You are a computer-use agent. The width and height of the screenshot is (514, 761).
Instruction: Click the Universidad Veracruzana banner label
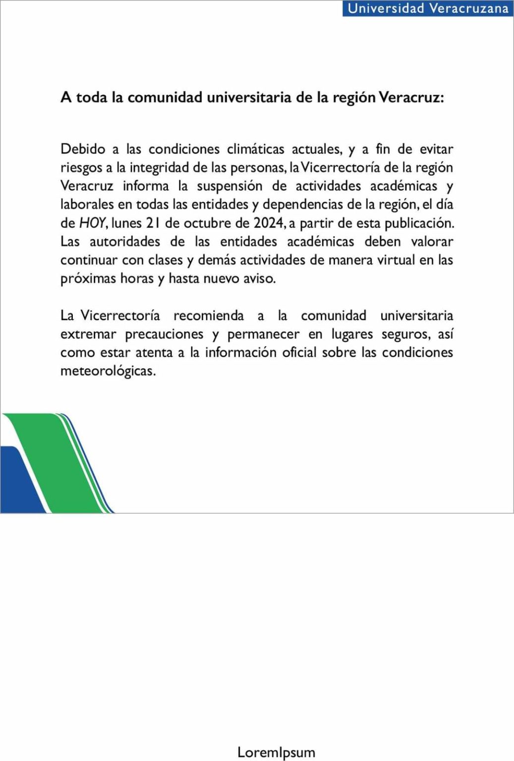(x=428, y=8)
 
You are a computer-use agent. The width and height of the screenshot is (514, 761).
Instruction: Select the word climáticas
(x=256, y=149)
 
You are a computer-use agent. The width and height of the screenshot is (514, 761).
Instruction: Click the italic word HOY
(x=92, y=223)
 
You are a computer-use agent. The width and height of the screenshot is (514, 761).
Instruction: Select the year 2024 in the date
(x=269, y=223)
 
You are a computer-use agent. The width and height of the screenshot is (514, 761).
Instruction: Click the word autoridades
(x=125, y=242)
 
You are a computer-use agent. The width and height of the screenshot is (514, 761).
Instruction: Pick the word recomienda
(x=209, y=316)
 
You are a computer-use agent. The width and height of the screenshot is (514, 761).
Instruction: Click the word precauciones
(x=164, y=334)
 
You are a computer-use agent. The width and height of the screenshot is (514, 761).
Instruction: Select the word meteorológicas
(x=108, y=371)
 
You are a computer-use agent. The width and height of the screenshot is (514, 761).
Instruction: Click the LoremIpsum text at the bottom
(x=276, y=752)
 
